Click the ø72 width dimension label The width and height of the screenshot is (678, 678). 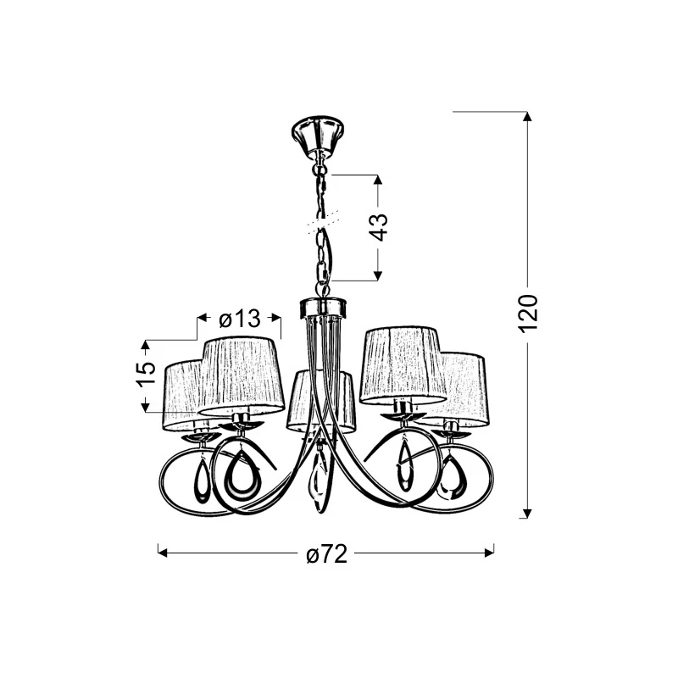[x=326, y=553]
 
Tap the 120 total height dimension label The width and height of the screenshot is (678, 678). [x=528, y=314]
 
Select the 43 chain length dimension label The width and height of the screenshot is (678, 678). [x=379, y=227]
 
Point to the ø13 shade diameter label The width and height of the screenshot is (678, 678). [x=240, y=320]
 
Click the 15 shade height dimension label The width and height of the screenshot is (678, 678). [x=146, y=374]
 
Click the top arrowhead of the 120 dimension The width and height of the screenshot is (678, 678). [x=526, y=117]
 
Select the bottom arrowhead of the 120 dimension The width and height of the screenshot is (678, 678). [x=526, y=513]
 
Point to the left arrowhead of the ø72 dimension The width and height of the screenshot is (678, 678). [x=163, y=553]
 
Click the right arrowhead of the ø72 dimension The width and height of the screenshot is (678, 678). [x=489, y=553]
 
